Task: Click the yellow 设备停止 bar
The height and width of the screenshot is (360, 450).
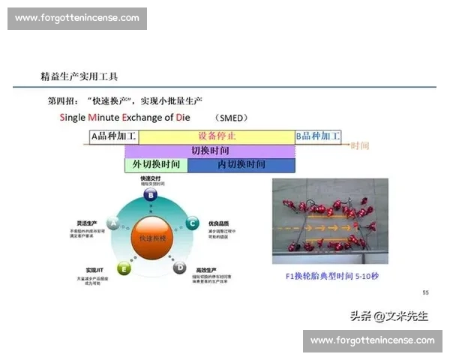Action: click(x=217, y=136)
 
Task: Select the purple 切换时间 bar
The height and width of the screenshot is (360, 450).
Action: click(x=210, y=151)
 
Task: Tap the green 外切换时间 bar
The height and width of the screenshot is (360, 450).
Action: click(x=156, y=164)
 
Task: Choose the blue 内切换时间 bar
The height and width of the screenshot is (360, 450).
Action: click(x=241, y=164)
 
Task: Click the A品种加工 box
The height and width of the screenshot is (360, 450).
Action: click(x=114, y=136)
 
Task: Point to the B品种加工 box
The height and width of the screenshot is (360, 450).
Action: click(x=318, y=136)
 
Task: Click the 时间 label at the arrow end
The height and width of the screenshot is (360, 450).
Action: click(x=360, y=145)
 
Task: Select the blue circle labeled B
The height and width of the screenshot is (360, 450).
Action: click(x=151, y=195)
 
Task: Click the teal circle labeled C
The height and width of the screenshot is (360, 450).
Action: click(x=192, y=223)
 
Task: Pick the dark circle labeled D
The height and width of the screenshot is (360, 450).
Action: click(x=179, y=267)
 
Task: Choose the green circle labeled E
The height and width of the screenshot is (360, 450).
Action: click(x=124, y=268)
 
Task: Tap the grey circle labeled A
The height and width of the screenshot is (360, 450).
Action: click(x=113, y=223)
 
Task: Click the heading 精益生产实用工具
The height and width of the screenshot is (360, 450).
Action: click(x=79, y=77)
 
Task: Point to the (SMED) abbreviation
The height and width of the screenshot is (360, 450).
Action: click(x=231, y=118)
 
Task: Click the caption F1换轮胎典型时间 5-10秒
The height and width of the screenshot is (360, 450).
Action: click(x=332, y=275)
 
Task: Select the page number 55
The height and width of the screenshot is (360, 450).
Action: click(x=426, y=292)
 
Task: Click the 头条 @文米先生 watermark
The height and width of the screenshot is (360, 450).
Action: click(x=387, y=316)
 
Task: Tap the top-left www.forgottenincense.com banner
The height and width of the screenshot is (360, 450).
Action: click(x=77, y=18)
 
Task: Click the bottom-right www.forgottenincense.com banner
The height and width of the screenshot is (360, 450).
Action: click(x=372, y=340)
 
